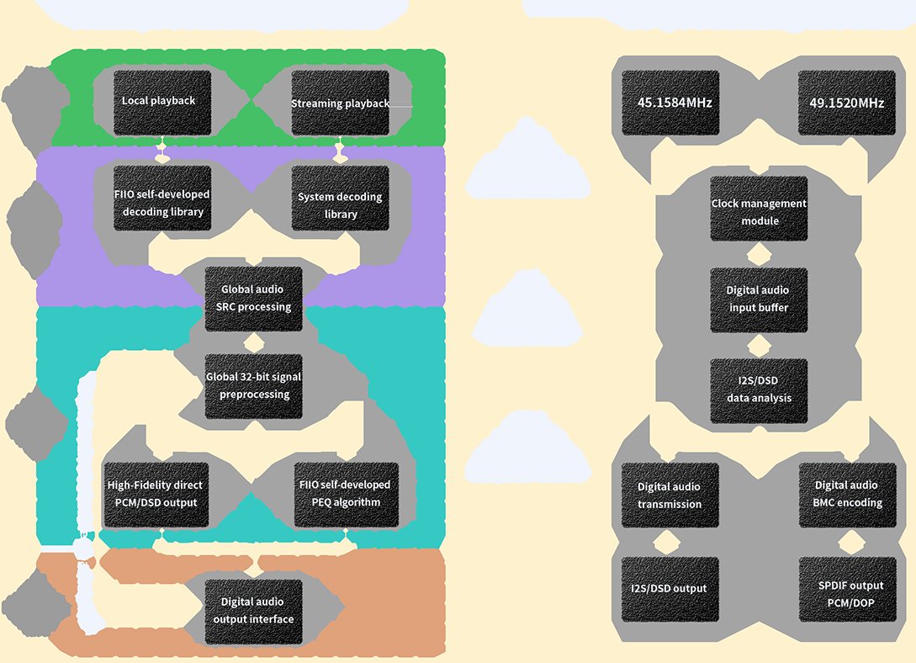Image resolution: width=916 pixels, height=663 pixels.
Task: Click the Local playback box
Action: [x=162, y=103]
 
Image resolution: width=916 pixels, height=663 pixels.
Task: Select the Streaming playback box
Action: [x=340, y=103]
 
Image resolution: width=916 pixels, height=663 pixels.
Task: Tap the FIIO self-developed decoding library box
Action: [x=162, y=198]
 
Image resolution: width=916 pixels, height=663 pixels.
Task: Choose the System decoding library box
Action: [x=340, y=198]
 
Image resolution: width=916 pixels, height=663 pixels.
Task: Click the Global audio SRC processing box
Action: [x=253, y=299]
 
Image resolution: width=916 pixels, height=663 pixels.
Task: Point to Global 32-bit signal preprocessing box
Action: [x=253, y=386]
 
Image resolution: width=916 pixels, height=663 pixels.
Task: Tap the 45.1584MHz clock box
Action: [x=670, y=103]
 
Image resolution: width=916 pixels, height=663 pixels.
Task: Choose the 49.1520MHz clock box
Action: [x=847, y=103]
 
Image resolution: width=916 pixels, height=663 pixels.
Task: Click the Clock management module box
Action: [x=759, y=209]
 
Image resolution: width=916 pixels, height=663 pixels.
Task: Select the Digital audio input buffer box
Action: [x=759, y=300]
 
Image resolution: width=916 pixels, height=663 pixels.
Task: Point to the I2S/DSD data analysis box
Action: [x=759, y=390]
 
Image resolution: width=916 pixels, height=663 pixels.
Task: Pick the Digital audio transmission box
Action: [x=670, y=496]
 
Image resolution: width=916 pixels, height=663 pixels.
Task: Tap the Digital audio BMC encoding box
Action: [x=848, y=496]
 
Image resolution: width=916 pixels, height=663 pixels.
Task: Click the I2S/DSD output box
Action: [x=670, y=589]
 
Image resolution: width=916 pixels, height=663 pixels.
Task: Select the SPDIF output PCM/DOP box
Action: [x=848, y=589]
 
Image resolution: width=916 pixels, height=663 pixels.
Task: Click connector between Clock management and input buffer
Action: [x=759, y=255]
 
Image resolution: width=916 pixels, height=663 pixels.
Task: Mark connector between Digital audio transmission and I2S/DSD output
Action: [x=666, y=542]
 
